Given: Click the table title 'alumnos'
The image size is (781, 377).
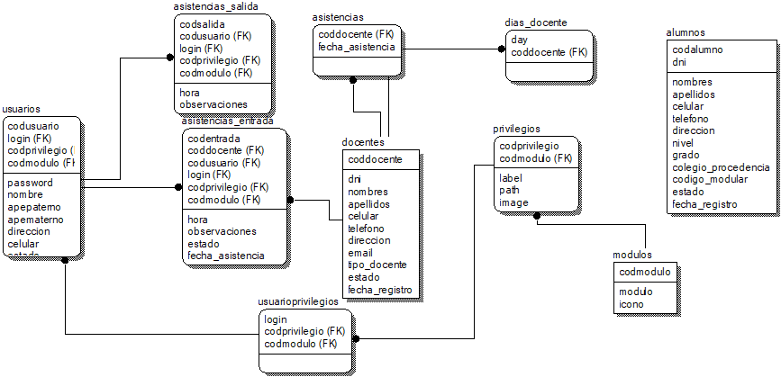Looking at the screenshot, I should coord(686,33).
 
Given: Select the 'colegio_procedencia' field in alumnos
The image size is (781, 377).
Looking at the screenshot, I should coord(721,167).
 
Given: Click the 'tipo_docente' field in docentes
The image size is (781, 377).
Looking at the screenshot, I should coord(377,265).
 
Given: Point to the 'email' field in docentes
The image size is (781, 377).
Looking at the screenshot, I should coord(360,253).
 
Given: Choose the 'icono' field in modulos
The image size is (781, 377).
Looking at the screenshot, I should coord(631,304).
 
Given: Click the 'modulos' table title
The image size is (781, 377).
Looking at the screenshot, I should coord(631,256).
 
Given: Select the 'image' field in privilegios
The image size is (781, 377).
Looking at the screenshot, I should coord(513,202).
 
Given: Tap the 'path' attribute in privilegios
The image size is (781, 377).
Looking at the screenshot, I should coord(510,191).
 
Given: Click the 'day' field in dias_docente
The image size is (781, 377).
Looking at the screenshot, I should coord(519,40).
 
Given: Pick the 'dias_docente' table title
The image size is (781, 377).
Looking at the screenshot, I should coord(536,23).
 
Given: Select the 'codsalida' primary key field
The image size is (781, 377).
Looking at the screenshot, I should coord(202,24).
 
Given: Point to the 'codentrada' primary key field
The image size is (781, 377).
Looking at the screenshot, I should coord(213,138).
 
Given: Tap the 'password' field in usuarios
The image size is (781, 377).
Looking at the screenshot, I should coord(31,183).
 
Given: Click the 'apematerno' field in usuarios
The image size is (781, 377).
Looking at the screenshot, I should coord(35,219).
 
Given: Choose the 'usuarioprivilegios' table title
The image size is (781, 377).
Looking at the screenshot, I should coord(298,301).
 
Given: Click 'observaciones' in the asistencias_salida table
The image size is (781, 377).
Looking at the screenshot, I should coord(213,104).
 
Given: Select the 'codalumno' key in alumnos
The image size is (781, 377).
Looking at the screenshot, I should coord(697,50).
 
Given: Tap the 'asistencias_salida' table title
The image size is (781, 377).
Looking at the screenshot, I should coord(216,6).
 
